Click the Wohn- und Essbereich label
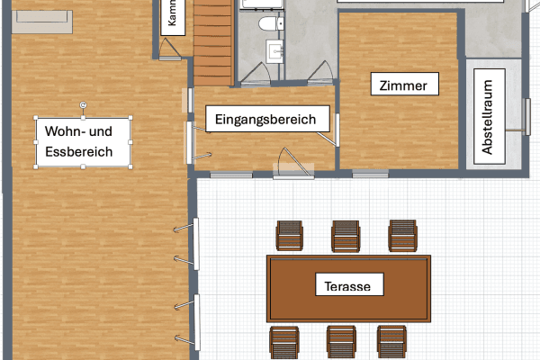[x=83, y=142]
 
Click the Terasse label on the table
[x=349, y=287]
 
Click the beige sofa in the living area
[x=44, y=20]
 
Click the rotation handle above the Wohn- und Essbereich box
[x=84, y=105]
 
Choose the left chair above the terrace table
[x=290, y=237]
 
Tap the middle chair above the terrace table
[x=346, y=237]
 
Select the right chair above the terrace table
[x=402, y=237]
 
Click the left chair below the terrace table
[x=283, y=341]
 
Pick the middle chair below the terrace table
[x=341, y=341]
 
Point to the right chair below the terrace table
[x=392, y=341]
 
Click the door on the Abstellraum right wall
[x=519, y=117]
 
